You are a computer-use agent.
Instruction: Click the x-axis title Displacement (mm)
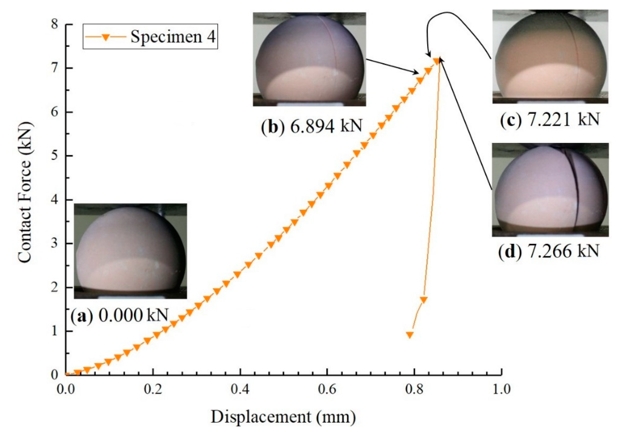pos(283,417)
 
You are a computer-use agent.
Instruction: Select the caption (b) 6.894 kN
pos(311,126)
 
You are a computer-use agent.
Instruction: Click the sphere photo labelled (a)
pos(130,251)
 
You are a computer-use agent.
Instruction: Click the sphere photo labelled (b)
pos(309,59)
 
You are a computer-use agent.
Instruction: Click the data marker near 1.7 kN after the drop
pos(424,300)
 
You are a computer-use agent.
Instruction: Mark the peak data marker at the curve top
pos(437,61)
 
